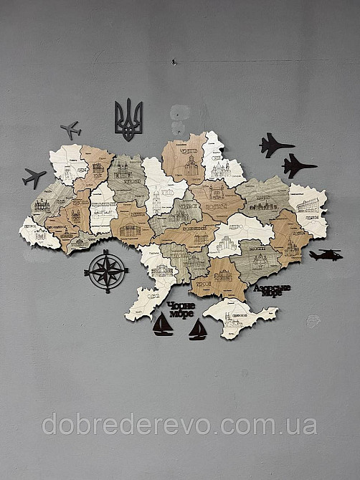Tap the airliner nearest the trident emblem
pos(70,130)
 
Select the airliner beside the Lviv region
pos(34,177)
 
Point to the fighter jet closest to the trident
pos(275,145)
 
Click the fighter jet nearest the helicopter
pos(298,166)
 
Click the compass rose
pos(106,272)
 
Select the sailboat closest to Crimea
pos(197,330)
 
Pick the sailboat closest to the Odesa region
pos(163,325)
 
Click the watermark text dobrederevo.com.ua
pos(179,424)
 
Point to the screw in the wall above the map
pos(173,64)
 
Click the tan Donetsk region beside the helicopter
pos(290,236)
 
